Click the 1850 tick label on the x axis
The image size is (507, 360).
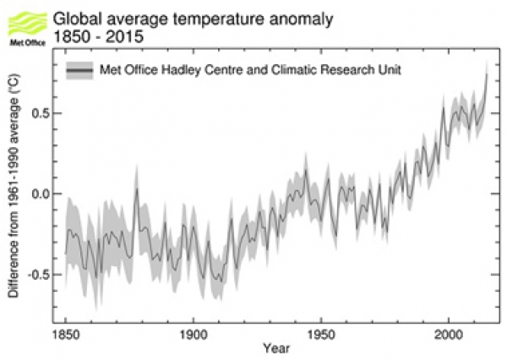coord(65,333)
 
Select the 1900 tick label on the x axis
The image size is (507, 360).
coord(193,333)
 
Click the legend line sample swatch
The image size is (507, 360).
coord(79,70)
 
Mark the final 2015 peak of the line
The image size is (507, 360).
coord(487,75)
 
